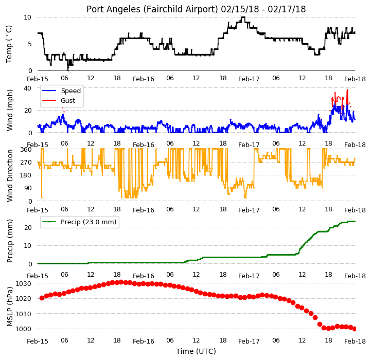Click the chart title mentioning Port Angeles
point(196,9)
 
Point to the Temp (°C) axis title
point(9,44)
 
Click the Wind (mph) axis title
point(10,110)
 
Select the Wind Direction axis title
point(10,175)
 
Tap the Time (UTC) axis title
point(196,351)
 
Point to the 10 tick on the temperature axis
point(28,17)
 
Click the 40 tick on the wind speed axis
point(28,88)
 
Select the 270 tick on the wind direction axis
point(26,163)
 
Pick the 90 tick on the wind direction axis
point(28,188)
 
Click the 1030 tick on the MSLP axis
point(24,283)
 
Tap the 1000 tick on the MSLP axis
point(24,329)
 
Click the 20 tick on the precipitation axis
point(28,227)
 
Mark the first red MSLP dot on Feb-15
point(42,298)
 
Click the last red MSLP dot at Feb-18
point(355,329)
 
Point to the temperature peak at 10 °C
point(243,17)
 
